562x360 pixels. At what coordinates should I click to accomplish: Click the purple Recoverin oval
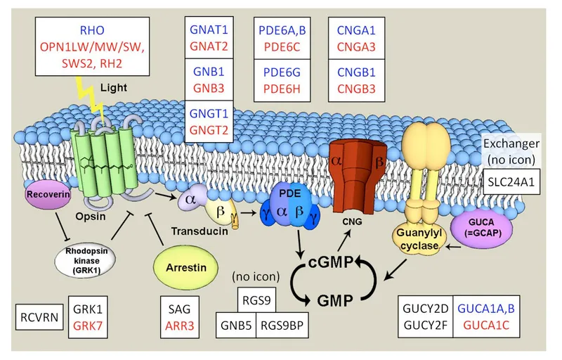(44, 193)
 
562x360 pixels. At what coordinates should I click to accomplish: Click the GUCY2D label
(426, 308)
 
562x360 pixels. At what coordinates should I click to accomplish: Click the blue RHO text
(105, 31)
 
